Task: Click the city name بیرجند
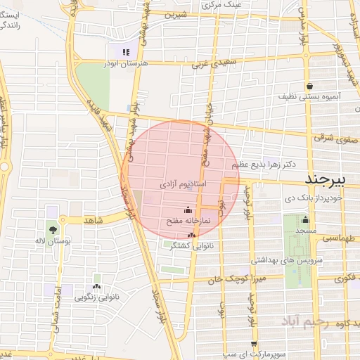330,180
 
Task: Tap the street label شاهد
94,221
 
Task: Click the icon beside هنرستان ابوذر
125,51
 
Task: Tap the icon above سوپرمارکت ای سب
254,344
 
